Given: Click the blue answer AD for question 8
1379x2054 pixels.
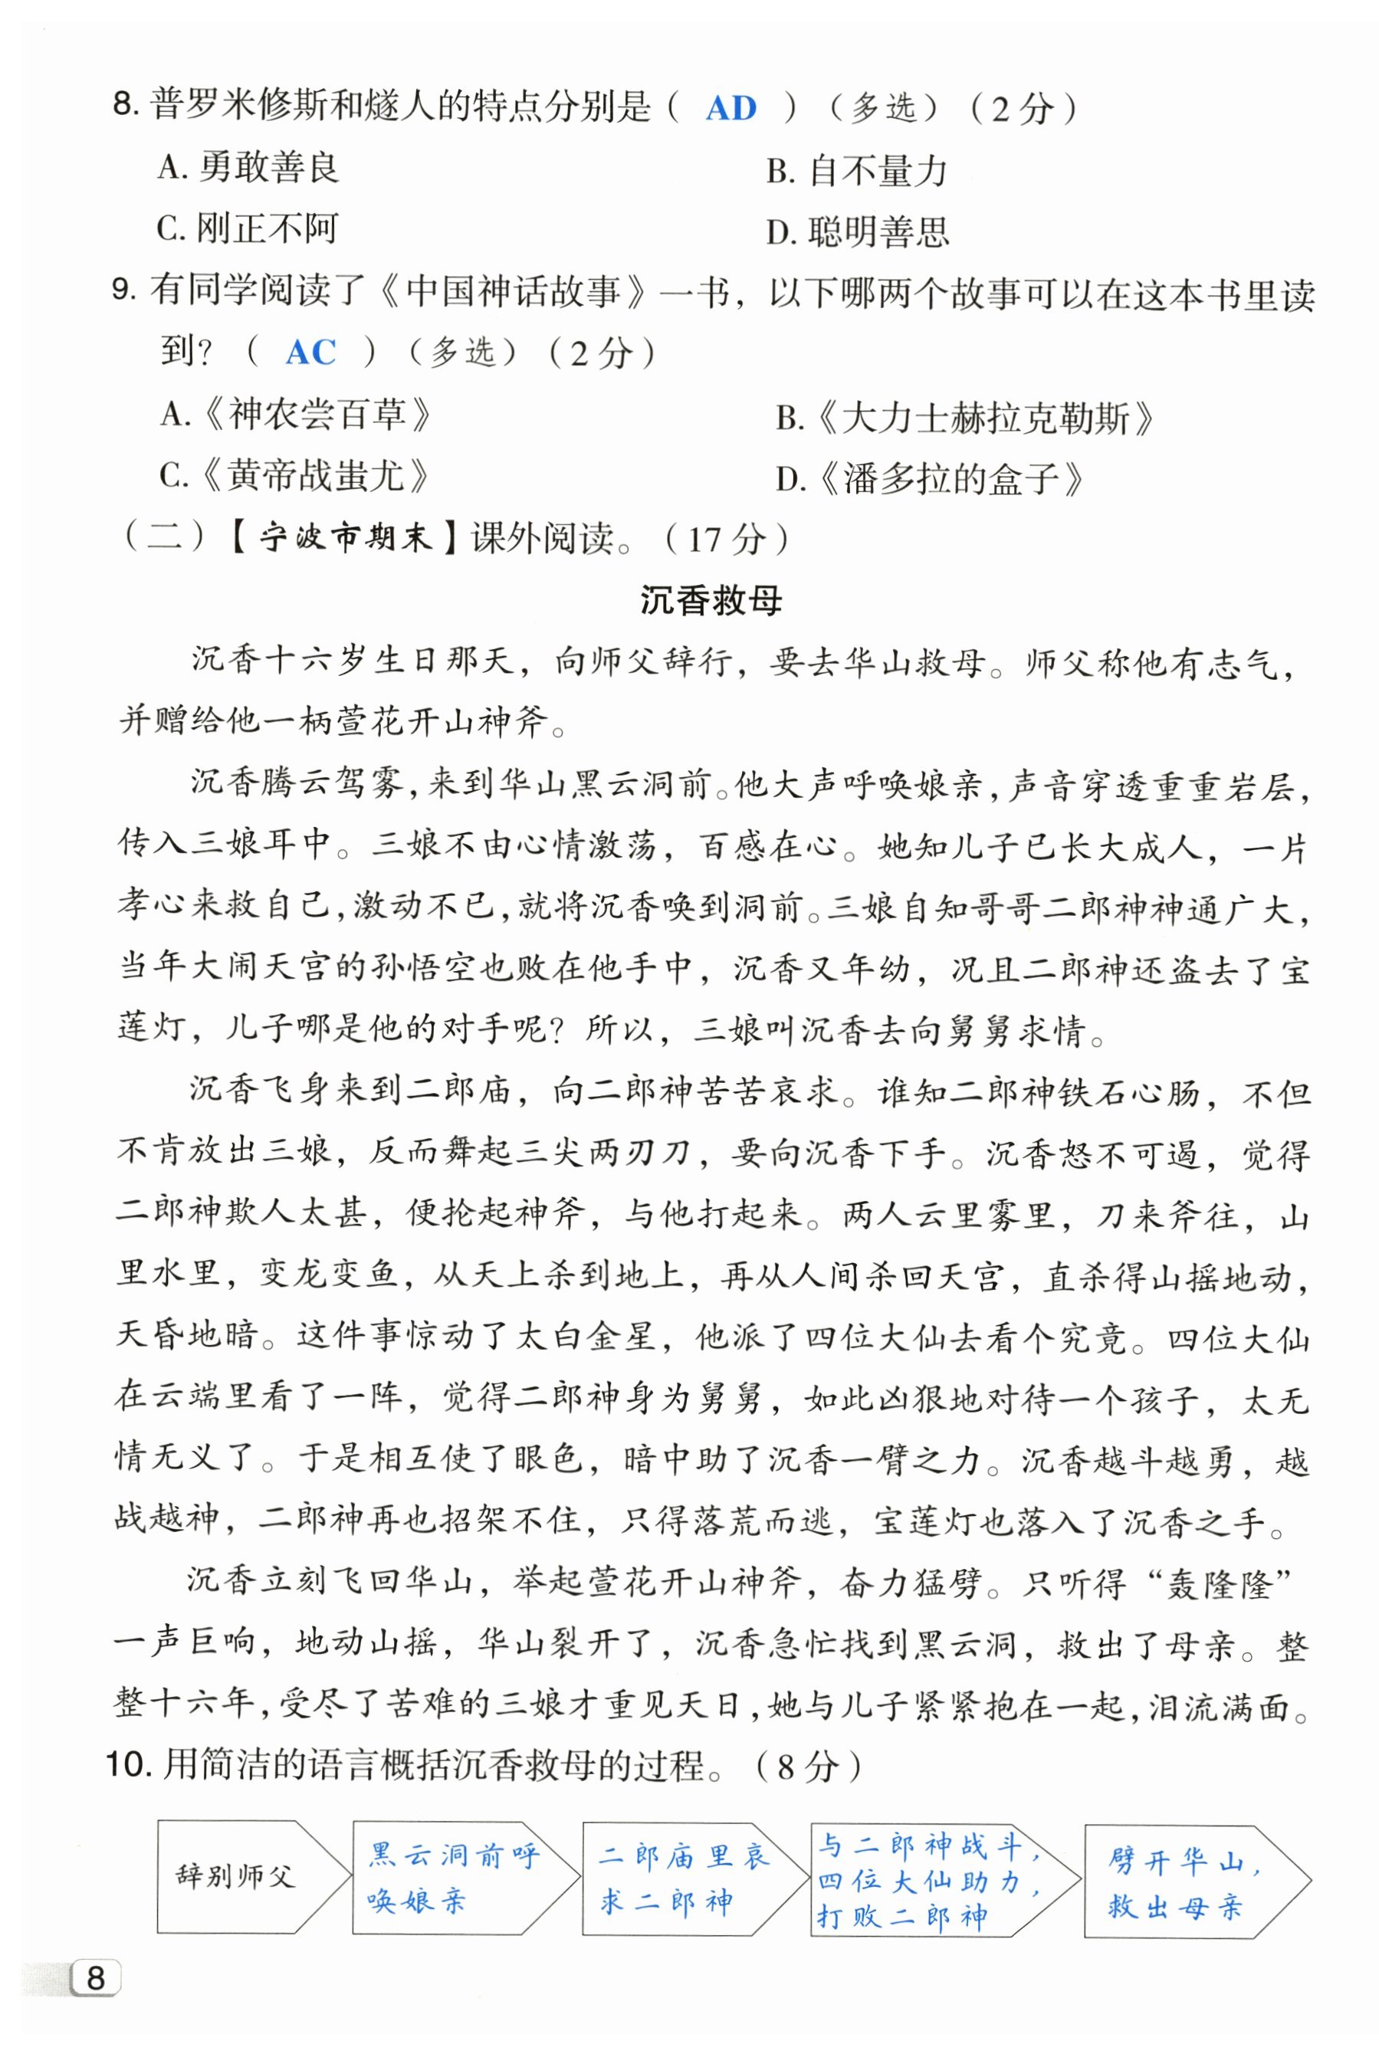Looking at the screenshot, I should [x=731, y=108].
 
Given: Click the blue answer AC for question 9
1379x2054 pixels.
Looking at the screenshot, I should [x=310, y=353].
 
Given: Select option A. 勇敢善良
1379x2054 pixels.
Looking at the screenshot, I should [x=249, y=167].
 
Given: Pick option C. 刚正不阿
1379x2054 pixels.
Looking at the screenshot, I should [x=247, y=228].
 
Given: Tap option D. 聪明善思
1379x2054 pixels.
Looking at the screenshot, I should [x=858, y=232].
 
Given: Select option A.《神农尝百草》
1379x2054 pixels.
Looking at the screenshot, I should [x=297, y=414].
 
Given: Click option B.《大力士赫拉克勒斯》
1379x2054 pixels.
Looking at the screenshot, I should [x=965, y=418].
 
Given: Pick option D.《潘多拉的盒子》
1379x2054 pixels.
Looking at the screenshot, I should [x=930, y=480].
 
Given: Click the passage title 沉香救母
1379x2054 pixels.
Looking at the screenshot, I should [x=711, y=601].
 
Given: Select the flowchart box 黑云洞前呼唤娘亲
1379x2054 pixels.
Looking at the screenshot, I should [x=452, y=1876].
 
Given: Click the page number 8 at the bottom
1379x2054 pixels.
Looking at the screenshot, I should [x=96, y=1978].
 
